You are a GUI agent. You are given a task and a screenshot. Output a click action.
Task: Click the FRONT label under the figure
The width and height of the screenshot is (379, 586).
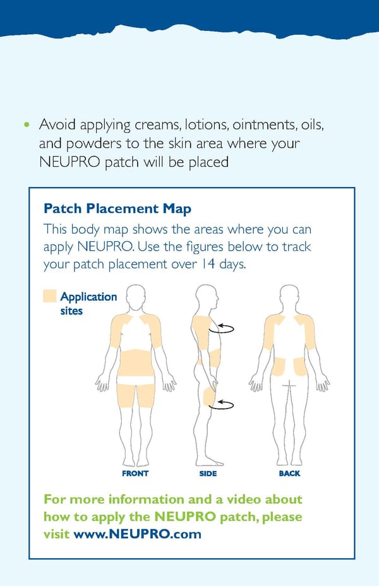pyautogui.click(x=135, y=473)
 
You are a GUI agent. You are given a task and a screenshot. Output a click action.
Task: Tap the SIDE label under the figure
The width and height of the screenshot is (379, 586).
pyautogui.click(x=208, y=473)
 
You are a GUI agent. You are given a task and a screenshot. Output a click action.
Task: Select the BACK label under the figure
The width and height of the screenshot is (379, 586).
pyautogui.click(x=289, y=473)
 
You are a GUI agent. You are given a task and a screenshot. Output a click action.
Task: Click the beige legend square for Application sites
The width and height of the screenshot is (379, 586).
pyautogui.click(x=49, y=296)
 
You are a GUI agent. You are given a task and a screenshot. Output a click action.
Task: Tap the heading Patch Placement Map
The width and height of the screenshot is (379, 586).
pyautogui.click(x=117, y=208)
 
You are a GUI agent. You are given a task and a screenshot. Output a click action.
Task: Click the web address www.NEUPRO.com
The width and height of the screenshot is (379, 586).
pyautogui.click(x=137, y=534)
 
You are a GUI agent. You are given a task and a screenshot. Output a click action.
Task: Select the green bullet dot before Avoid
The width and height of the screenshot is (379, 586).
pyautogui.click(x=26, y=124)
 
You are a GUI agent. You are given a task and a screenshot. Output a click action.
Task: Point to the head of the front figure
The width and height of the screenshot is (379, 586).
pyautogui.click(x=136, y=296)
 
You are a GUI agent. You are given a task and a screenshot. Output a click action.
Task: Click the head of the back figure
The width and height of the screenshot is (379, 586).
pyautogui.click(x=289, y=296)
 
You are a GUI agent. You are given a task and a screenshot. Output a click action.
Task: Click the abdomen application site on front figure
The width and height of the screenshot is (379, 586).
pyautogui.click(x=136, y=363)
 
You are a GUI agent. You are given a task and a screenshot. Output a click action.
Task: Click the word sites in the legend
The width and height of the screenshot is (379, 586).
pyautogui.click(x=71, y=311)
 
